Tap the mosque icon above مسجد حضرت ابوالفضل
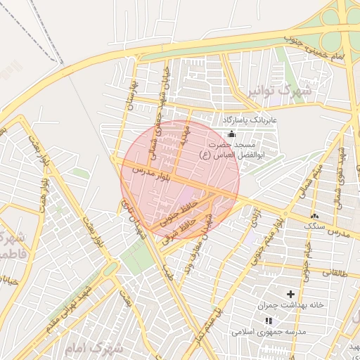point(232,134)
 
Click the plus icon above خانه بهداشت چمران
point(290,293)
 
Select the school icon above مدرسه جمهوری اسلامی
point(268,321)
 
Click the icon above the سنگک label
point(314,216)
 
